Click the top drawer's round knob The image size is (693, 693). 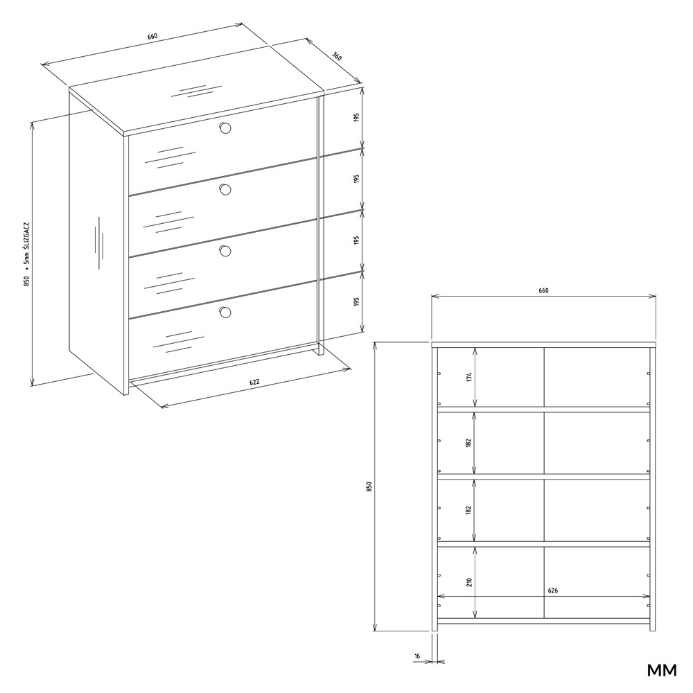point(225,128)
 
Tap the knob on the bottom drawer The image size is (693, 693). point(225,313)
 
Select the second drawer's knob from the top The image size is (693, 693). point(225,190)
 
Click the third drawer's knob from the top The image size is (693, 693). point(225,251)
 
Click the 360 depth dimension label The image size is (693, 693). point(337,56)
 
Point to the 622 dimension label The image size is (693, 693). point(254,383)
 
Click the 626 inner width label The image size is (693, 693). point(552,590)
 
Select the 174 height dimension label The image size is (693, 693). point(469,377)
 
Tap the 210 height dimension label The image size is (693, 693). point(469,582)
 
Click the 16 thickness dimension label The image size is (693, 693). point(417,656)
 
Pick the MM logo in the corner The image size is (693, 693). point(662,670)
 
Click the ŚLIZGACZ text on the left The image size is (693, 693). point(28,243)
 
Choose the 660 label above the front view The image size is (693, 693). point(543,290)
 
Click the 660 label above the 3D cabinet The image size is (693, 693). point(152,36)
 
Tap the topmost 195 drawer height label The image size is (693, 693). point(357,118)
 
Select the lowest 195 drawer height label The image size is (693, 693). point(357,301)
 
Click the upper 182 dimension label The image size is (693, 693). point(468,444)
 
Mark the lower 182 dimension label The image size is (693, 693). point(468,510)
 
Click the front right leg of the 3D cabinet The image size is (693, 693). point(321,349)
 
